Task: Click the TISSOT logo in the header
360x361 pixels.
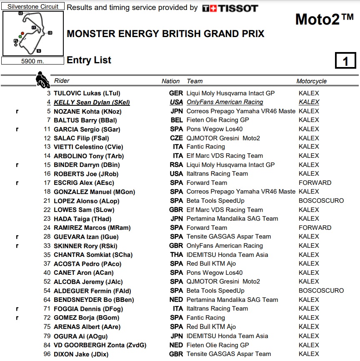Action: (x=230, y=8)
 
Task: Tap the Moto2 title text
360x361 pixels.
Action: (x=324, y=19)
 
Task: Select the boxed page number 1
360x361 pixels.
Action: (x=345, y=61)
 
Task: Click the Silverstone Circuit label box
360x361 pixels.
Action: (x=33, y=7)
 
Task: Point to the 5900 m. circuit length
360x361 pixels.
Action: (x=33, y=61)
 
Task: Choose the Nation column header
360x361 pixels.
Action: (x=170, y=81)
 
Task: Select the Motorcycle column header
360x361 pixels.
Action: (x=311, y=81)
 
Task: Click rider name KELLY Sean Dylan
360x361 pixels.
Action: (x=92, y=102)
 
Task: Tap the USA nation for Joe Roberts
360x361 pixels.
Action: (x=176, y=174)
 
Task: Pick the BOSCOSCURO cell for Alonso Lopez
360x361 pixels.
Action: (x=321, y=201)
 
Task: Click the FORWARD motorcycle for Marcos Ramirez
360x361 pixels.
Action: (x=315, y=228)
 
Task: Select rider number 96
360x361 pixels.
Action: (x=47, y=354)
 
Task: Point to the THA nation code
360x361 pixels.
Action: (x=176, y=255)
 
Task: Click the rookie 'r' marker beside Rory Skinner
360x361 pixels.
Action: (x=17, y=246)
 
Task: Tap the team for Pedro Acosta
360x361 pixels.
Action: (x=211, y=264)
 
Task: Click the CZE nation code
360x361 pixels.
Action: (x=176, y=138)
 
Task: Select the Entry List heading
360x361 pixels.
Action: (x=89, y=60)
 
